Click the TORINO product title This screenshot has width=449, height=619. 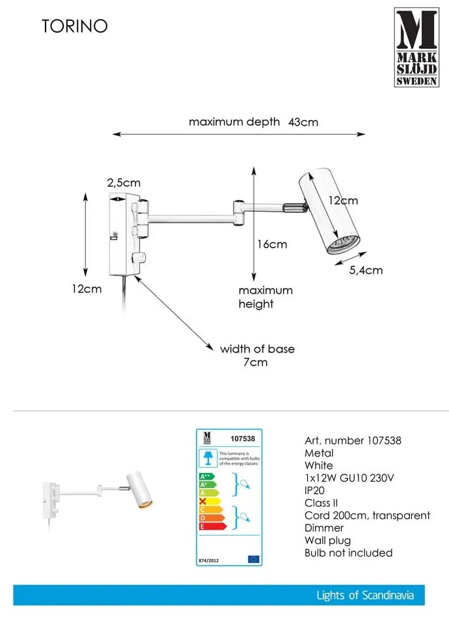tap(75, 26)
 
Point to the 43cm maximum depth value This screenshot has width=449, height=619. tap(303, 122)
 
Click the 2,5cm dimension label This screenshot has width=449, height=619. tap(124, 184)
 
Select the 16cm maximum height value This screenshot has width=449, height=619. tap(271, 244)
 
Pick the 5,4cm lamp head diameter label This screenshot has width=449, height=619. tap(366, 270)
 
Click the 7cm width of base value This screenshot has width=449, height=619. tap(258, 362)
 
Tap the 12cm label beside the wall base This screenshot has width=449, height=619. tap(87, 289)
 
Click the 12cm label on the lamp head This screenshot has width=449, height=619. tap(342, 201)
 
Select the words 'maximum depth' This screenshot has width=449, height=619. tap(234, 122)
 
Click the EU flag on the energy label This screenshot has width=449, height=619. tap(254, 559)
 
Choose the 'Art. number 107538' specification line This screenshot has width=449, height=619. tap(353, 440)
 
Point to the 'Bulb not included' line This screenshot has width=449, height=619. tap(348, 553)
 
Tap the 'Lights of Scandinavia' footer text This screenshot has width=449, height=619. tap(365, 595)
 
